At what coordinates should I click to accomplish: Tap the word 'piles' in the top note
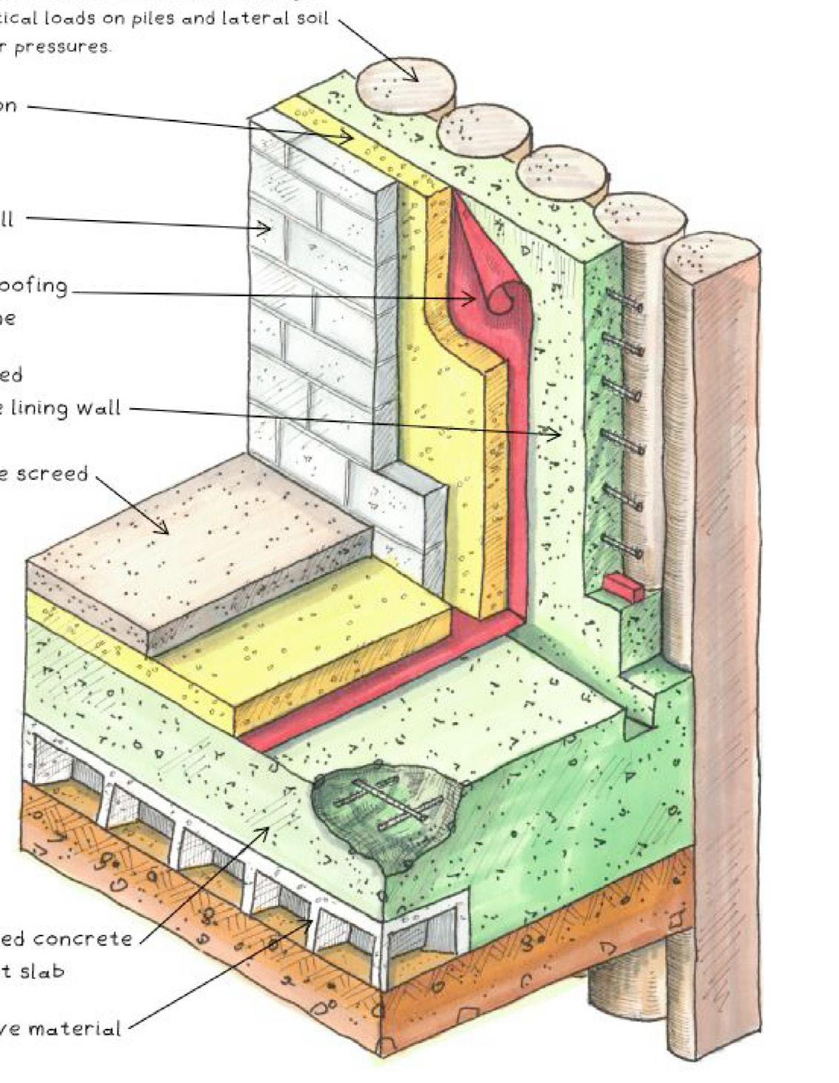click(x=153, y=19)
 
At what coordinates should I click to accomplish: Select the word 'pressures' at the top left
click(x=63, y=46)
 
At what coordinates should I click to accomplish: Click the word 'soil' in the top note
click(x=308, y=18)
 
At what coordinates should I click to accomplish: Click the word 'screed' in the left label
click(x=52, y=473)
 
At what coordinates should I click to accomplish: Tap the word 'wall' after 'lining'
click(x=96, y=408)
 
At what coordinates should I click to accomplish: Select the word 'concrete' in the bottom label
click(x=82, y=939)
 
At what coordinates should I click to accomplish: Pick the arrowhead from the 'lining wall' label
click(x=557, y=435)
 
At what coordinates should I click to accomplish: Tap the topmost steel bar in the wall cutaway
click(x=624, y=301)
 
